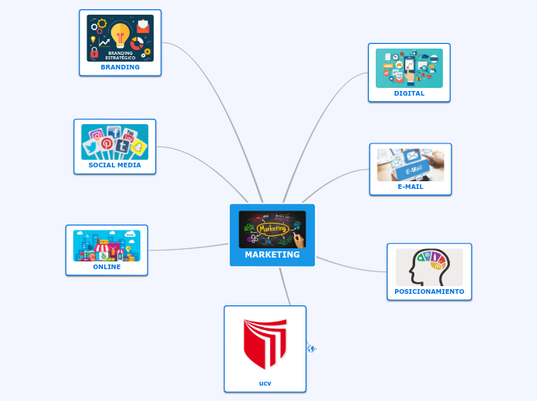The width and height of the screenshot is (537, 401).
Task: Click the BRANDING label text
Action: point(120,67)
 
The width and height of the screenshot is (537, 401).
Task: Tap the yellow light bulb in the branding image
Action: point(120,35)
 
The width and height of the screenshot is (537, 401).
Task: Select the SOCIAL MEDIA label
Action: point(115,165)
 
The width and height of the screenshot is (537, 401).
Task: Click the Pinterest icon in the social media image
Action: point(106,143)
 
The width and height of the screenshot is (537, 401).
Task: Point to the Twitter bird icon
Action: point(91,148)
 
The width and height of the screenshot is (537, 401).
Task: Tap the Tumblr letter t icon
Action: point(122,147)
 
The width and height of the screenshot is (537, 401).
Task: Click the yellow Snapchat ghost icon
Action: point(138,147)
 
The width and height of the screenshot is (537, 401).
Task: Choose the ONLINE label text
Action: point(106,267)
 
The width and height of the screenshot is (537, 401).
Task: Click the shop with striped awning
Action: point(106,250)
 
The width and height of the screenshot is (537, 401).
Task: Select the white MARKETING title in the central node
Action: point(272,254)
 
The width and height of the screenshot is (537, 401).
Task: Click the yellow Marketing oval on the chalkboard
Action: point(272,229)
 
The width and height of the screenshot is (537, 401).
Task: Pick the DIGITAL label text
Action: point(409,93)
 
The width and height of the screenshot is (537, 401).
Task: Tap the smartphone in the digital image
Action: point(410,66)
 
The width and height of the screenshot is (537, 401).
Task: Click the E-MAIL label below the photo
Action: point(410,187)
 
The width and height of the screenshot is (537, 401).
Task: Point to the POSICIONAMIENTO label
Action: point(429,291)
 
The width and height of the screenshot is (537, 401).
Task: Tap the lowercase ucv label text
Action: point(265,383)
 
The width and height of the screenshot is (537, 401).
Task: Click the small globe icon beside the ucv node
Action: point(311,349)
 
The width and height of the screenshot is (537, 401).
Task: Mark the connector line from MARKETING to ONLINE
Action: point(189,248)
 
